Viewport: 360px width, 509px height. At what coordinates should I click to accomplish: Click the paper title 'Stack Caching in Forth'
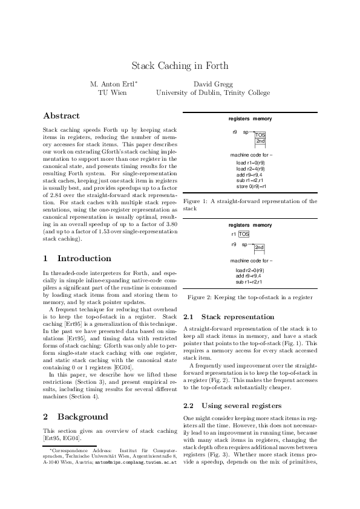click(180, 65)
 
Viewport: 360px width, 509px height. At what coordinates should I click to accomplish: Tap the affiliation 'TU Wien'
click(112, 92)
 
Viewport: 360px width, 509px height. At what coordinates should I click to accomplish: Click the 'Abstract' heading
click(62, 115)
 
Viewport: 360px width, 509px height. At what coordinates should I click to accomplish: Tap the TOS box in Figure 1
click(260, 135)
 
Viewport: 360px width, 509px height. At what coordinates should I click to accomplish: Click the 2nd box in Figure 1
click(260, 141)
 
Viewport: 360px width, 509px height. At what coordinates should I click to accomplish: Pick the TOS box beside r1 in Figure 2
click(244, 233)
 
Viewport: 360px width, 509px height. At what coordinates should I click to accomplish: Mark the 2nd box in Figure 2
click(259, 247)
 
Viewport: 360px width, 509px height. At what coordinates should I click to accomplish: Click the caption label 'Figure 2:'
click(201, 297)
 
